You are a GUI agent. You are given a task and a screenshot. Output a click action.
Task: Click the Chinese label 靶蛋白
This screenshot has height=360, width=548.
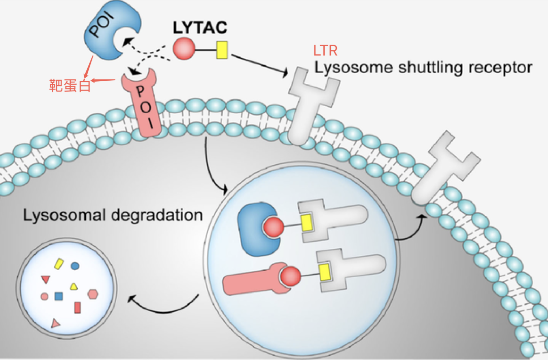[x=70, y=85]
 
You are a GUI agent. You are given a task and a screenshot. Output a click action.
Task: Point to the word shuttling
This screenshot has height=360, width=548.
[x=428, y=68]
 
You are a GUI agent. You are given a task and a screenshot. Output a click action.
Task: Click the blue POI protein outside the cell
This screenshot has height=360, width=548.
[x=104, y=37]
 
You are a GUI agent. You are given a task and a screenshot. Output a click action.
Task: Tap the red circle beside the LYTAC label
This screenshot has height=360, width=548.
[x=184, y=49]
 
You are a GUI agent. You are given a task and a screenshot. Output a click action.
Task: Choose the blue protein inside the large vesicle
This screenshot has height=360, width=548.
[x=256, y=228]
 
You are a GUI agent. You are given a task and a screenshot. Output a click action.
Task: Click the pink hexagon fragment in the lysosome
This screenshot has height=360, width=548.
[x=93, y=293]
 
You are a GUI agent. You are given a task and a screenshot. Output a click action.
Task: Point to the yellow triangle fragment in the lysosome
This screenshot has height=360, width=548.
[x=74, y=286]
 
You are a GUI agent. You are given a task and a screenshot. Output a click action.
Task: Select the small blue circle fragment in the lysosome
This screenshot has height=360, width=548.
[x=75, y=266]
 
